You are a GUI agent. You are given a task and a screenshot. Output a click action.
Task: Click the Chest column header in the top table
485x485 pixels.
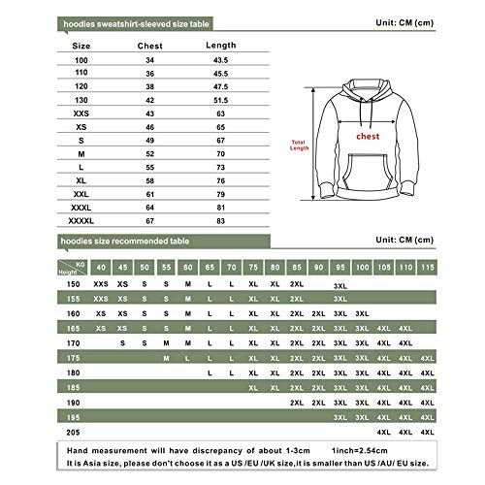[150, 44]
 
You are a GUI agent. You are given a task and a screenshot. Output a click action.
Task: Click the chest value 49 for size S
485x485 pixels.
[150, 139]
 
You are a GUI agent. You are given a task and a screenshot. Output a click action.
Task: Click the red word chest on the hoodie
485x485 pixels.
[366, 137]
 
